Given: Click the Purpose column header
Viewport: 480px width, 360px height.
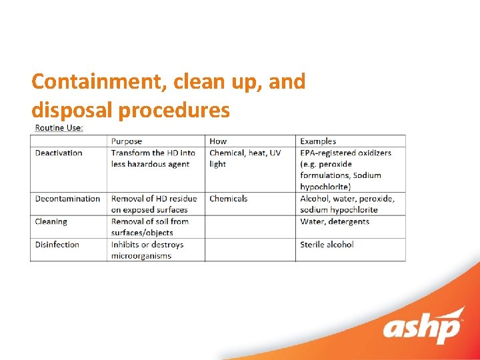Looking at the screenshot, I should [x=127, y=141].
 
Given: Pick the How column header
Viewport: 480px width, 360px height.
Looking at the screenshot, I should [x=218, y=141].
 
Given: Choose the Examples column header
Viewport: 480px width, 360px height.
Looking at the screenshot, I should [x=318, y=141].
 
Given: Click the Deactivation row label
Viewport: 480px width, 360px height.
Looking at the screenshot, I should [x=59, y=153].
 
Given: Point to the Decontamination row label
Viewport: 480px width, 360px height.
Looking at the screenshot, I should [x=67, y=199].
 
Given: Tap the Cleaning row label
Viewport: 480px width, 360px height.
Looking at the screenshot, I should [x=51, y=221].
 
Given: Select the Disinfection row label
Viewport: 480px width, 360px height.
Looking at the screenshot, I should [x=57, y=245].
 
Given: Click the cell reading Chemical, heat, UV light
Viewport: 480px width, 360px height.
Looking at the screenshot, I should [x=245, y=158].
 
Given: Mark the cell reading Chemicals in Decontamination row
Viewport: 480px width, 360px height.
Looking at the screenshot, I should [x=228, y=199].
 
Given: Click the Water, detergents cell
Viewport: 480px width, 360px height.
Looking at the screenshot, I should [x=335, y=221].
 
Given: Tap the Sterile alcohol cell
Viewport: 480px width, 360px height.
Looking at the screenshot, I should [x=327, y=245].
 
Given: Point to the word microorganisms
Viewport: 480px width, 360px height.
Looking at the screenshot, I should [x=141, y=256].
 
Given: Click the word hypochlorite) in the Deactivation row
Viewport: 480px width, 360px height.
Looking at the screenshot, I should [x=325, y=187].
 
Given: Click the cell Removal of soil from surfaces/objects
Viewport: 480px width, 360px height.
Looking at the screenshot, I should [x=150, y=227].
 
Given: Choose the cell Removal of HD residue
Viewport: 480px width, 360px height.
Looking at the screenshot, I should [x=154, y=204].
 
